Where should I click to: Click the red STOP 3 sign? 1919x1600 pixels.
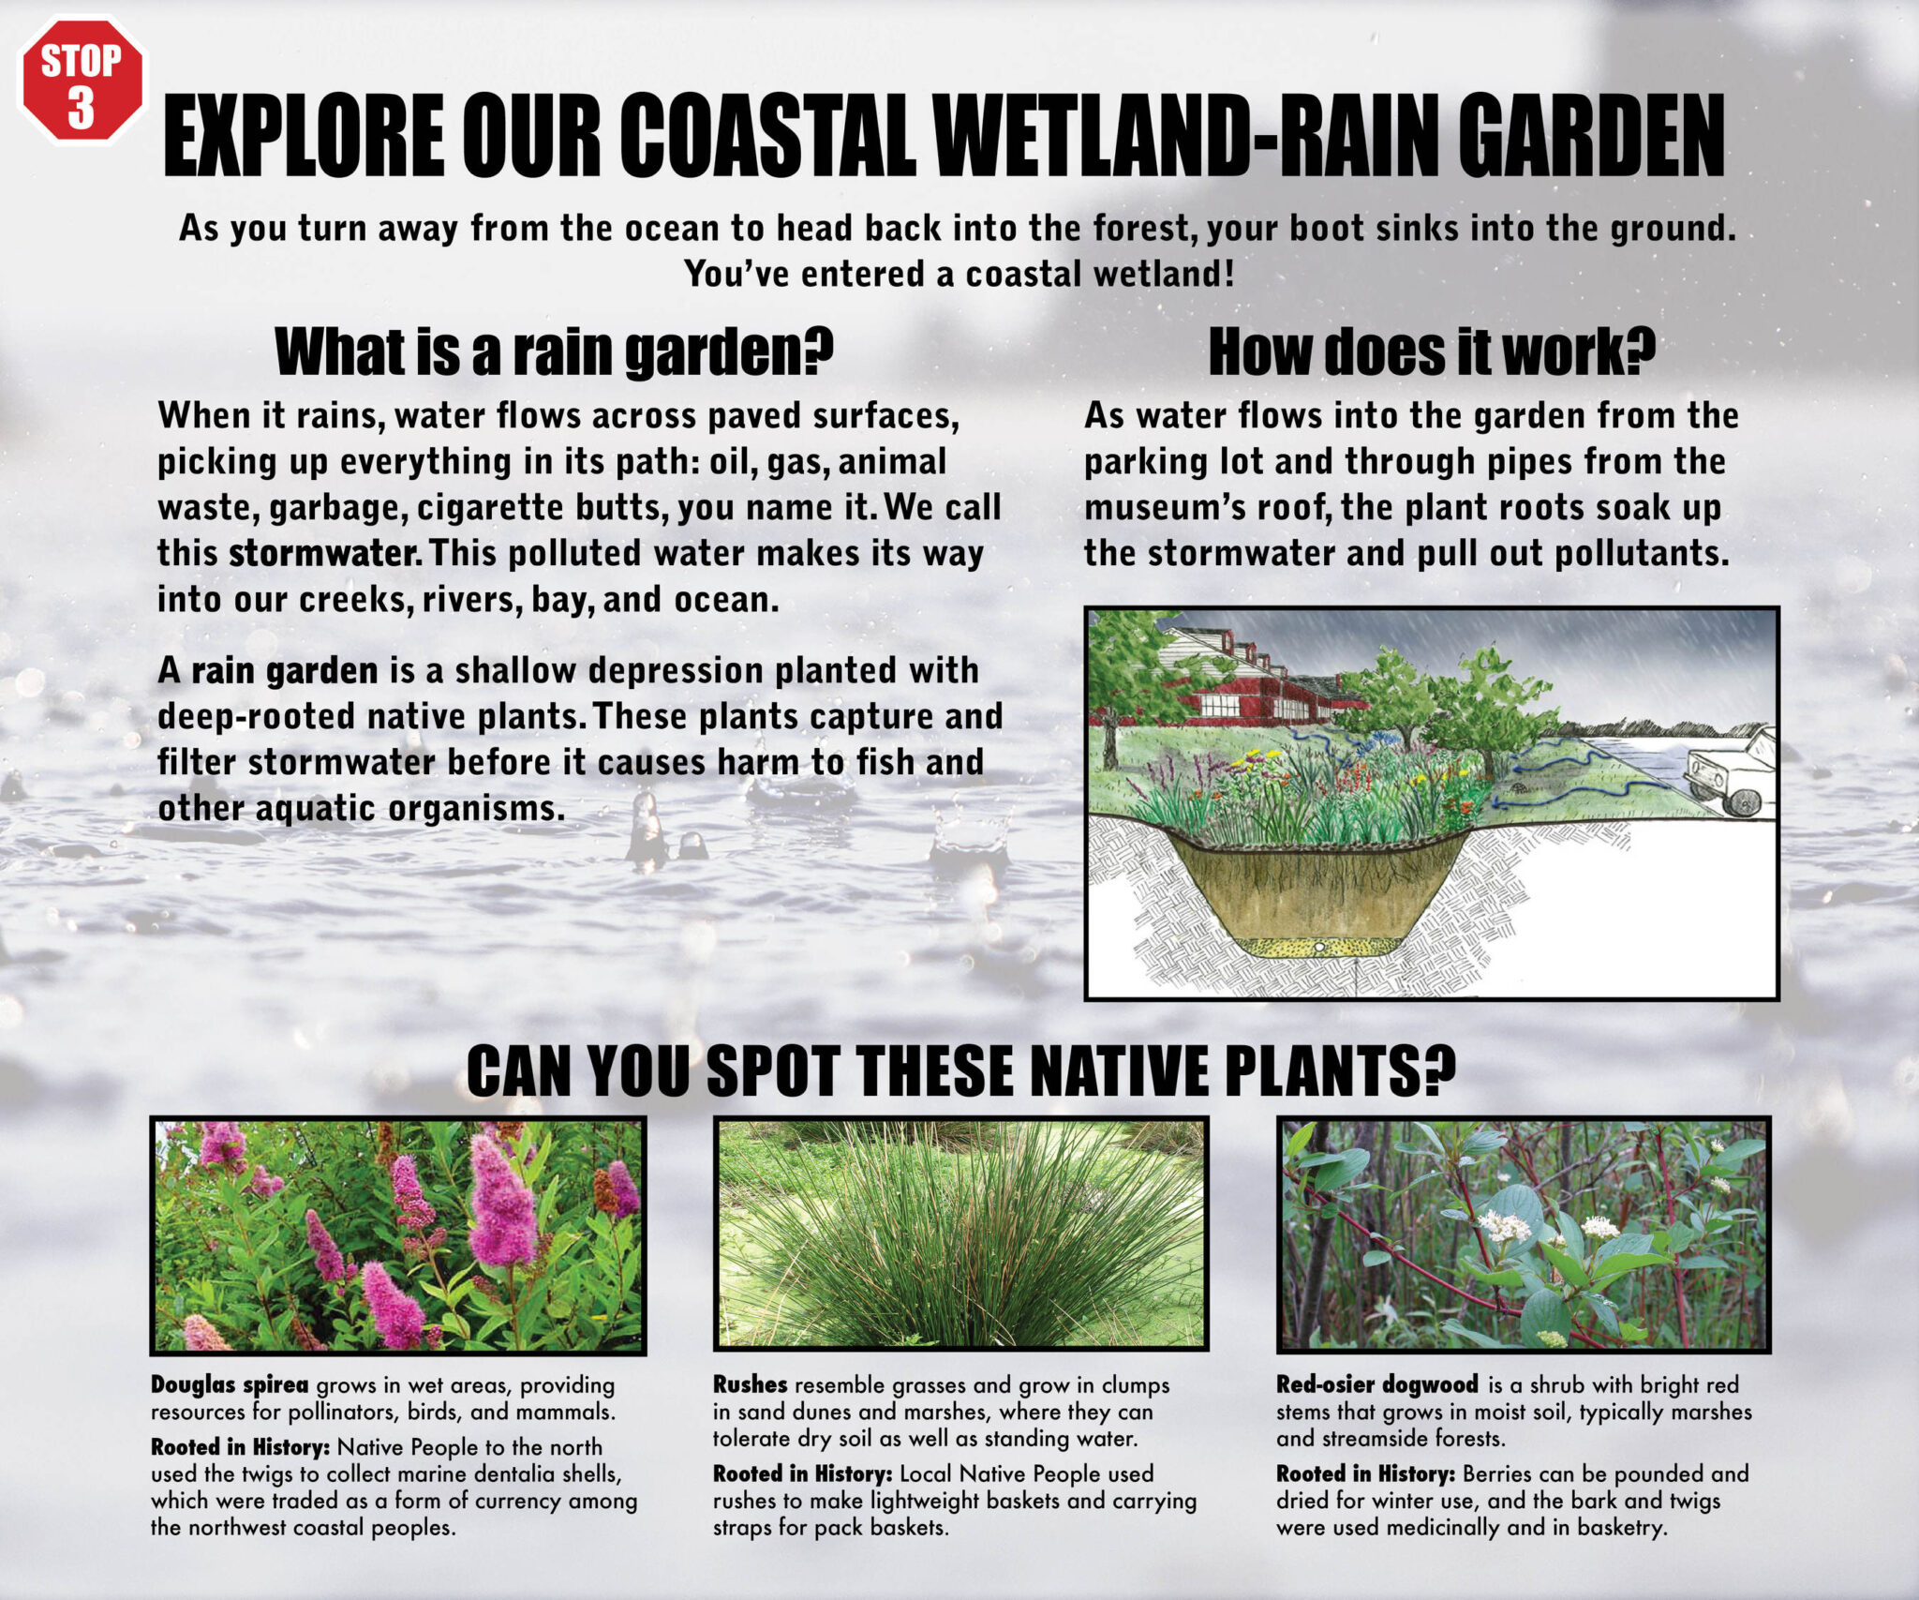82,81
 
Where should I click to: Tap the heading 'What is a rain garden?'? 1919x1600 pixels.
554,351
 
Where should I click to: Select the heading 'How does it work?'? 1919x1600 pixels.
1432,351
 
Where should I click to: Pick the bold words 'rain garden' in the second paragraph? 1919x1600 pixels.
285,670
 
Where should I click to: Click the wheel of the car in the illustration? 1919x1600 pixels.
1743,802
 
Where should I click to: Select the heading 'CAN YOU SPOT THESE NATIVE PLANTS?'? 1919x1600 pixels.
960,1069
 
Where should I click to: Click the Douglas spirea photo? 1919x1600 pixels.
398,1235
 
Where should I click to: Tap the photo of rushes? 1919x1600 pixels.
960,1234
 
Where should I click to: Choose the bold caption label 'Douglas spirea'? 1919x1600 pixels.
230,1384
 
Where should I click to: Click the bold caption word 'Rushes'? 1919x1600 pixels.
750,1384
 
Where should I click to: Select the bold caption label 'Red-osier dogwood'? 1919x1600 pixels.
1377,1384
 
